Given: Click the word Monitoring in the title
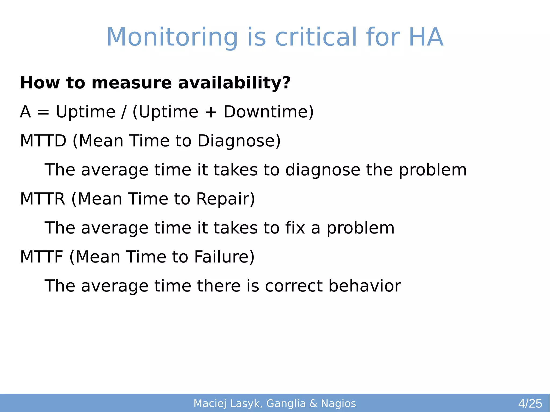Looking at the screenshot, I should (x=172, y=38).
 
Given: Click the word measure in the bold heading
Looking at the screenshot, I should (x=131, y=83).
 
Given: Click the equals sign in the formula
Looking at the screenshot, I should (x=43, y=112).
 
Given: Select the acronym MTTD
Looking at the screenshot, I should (x=43, y=141).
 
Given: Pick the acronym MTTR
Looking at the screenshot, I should (x=43, y=199).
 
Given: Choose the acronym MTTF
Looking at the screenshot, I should (x=42, y=257).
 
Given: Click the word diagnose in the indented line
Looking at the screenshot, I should (x=323, y=170).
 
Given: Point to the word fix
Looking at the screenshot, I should (x=295, y=228).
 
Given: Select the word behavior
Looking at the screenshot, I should (x=365, y=286).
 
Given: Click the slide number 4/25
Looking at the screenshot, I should (x=530, y=403).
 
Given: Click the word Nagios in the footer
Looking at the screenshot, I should (x=338, y=403).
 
